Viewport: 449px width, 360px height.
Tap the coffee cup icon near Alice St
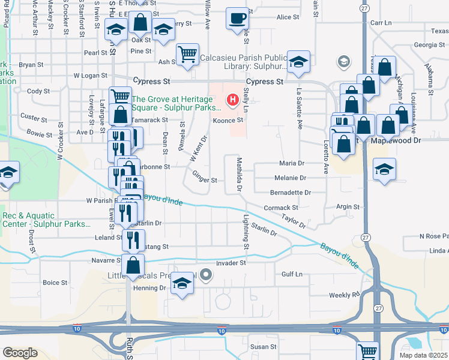click(x=238, y=18)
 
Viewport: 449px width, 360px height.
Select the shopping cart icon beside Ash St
click(x=188, y=55)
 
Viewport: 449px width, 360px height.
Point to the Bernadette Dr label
click(x=291, y=193)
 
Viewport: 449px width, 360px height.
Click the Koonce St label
click(x=228, y=120)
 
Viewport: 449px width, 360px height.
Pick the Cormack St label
click(x=277, y=208)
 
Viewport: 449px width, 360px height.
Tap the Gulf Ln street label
click(x=292, y=274)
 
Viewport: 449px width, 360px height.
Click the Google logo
click(x=20, y=353)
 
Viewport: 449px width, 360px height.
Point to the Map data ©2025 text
click(x=423, y=355)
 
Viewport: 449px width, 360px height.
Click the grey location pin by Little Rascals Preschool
click(x=206, y=275)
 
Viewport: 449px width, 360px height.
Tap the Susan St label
click(x=263, y=347)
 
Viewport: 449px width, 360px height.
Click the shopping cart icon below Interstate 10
click(x=367, y=350)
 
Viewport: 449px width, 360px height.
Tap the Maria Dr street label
click(x=292, y=163)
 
